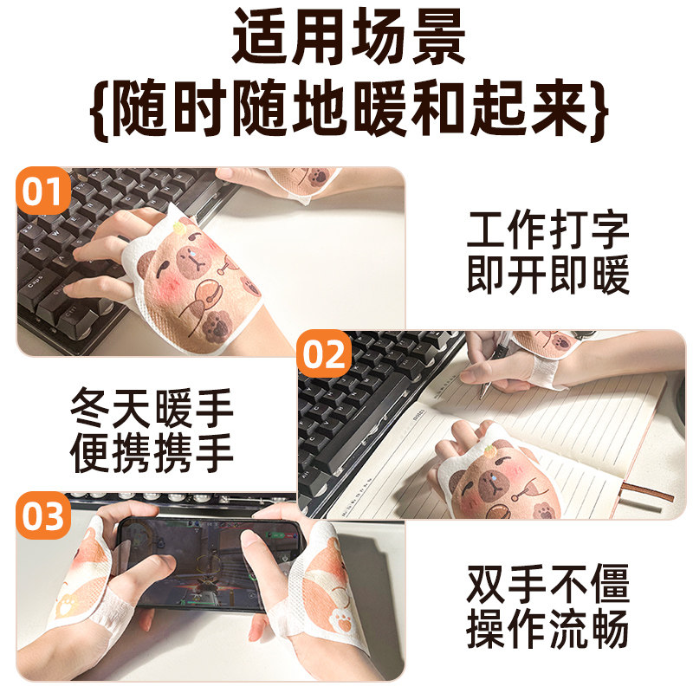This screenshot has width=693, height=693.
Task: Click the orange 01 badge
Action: pos(42,191)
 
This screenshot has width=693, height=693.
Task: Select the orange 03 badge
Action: pos(42,515)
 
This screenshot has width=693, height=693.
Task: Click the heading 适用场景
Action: pos(349,37)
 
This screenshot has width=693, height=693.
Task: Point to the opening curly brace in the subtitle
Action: pos(100,110)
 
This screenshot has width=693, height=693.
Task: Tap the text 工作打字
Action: pos(548,230)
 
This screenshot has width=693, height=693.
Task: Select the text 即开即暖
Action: pos(548,275)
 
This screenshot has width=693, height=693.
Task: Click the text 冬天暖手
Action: pos(152,408)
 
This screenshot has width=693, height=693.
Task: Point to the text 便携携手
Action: pos(152,452)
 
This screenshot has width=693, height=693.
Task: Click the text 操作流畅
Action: pos(548,629)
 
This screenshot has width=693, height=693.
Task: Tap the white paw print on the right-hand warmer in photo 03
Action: pos(341,619)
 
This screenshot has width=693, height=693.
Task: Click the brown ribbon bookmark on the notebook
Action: pos(645,492)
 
